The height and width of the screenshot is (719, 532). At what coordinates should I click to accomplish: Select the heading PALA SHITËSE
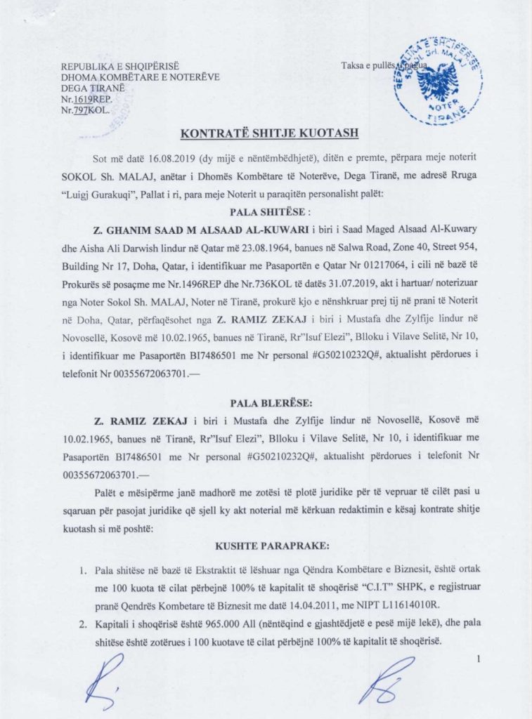pyautogui.click(x=266, y=211)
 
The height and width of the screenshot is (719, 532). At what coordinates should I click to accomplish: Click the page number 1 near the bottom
pyautogui.click(x=479, y=658)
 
